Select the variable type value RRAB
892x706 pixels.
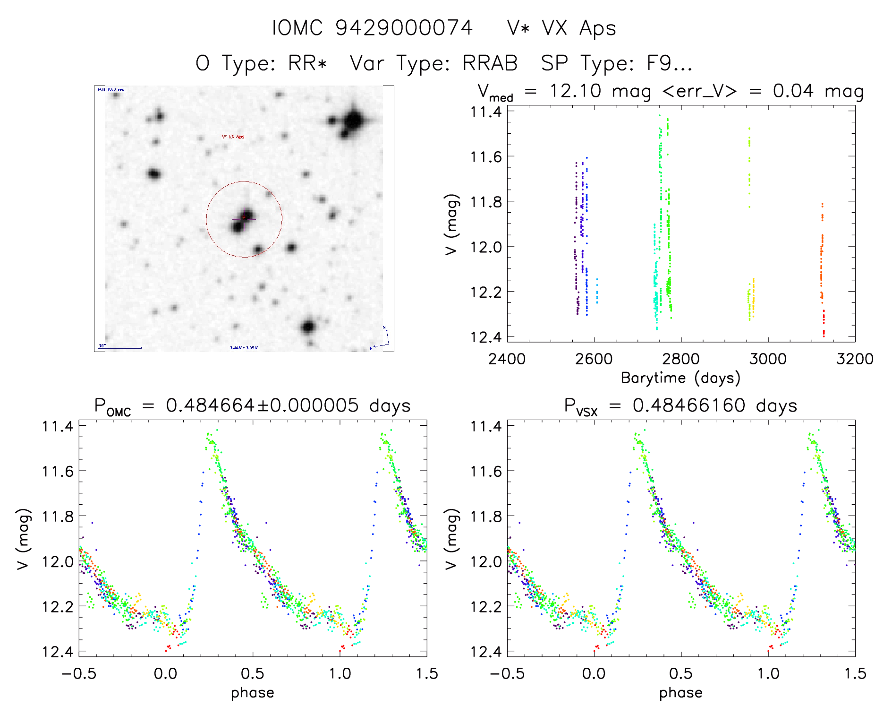490,63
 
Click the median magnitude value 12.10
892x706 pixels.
576,91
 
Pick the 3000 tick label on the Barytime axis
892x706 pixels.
768,359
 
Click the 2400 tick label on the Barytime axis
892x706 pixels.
507,359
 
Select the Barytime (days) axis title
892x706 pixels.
680,378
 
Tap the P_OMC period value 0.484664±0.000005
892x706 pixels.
262,405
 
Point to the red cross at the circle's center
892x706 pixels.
244,217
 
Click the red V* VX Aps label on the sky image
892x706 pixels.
233,137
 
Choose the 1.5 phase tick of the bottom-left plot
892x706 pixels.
427,674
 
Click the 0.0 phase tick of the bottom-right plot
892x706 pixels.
594,674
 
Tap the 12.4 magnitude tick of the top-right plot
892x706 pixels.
485,337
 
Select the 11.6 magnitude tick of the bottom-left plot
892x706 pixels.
58,471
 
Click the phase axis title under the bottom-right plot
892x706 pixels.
680,693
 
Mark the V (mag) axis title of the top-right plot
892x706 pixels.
451,224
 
